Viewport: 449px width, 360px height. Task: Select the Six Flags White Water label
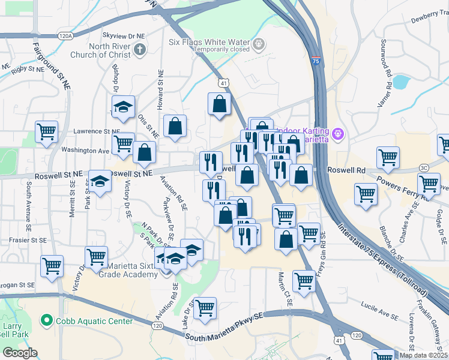click(x=208, y=42)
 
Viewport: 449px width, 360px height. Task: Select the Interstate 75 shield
click(x=316, y=61)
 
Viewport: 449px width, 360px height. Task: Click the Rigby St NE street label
click(x=28, y=71)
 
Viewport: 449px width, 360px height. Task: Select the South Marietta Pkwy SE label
click(x=224, y=333)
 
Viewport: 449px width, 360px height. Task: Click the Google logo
click(x=20, y=353)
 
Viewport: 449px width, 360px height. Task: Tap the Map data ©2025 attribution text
click(x=423, y=355)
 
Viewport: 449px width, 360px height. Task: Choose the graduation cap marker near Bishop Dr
click(x=123, y=106)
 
